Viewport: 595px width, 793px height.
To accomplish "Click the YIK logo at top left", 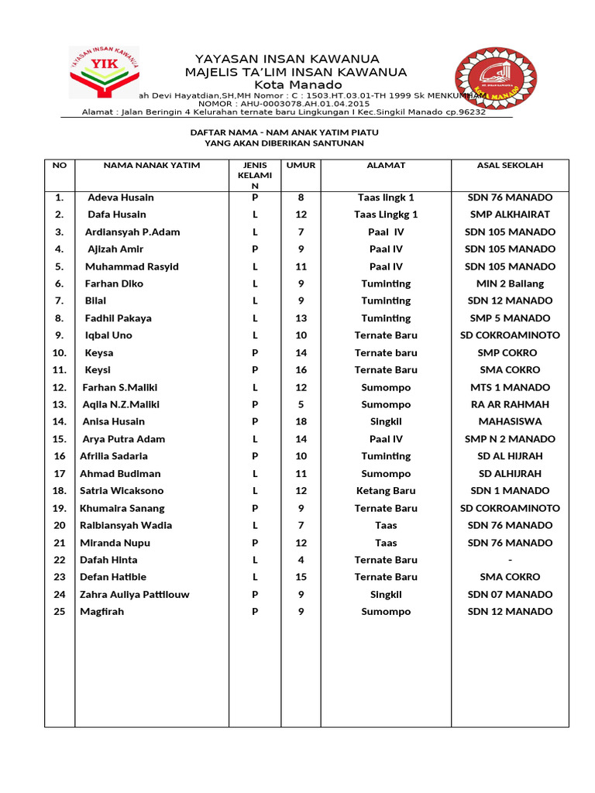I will (103, 72).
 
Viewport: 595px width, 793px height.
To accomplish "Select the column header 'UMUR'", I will (301, 165).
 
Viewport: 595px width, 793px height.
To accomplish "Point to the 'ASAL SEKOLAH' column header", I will (510, 165).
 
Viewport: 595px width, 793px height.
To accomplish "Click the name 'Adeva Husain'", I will (121, 197).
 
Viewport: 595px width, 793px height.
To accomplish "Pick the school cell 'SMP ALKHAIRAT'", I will (510, 215).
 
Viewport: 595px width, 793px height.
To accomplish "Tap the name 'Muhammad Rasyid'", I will (132, 266).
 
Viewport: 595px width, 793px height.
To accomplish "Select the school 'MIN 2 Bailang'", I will (510, 283).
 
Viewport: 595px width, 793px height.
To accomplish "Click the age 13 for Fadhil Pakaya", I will (301, 318).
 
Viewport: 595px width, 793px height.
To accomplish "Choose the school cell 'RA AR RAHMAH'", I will (510, 404).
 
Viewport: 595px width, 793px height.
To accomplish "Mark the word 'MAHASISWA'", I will (510, 421).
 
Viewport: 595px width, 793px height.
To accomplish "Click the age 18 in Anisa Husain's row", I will (301, 421).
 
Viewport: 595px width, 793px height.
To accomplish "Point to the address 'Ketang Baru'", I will (386, 490).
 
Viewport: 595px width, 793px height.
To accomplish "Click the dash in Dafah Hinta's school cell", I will (510, 560).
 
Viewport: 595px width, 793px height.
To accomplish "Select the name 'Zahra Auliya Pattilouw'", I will (135, 595).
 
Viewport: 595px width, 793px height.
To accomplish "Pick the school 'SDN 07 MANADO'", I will (510, 595).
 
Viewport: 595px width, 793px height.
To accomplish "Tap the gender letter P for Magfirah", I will (255, 612).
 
